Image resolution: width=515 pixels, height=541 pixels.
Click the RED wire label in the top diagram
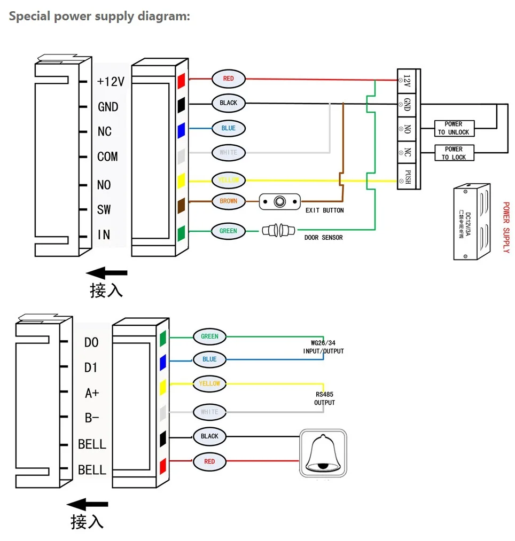tap(228, 79)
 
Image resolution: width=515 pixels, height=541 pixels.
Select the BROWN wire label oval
tap(228, 201)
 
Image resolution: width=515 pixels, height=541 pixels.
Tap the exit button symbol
tap(279, 201)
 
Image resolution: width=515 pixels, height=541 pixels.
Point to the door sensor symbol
tap(278, 231)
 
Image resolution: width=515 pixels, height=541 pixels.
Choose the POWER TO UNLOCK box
tap(454, 128)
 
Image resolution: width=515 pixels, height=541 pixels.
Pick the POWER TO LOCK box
tap(454, 153)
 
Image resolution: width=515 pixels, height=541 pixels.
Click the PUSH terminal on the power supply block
tap(408, 177)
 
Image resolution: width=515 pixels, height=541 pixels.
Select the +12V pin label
tap(111, 82)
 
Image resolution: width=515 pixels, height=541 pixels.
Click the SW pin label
tap(104, 209)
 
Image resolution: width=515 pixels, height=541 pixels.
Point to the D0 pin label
tap(91, 342)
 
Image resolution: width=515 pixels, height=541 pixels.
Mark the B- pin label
tap(92, 418)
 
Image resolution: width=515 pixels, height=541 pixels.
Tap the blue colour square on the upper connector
tap(181, 129)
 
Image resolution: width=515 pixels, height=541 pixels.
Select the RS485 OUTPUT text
tap(324, 398)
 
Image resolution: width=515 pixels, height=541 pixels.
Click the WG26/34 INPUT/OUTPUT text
tap(323, 347)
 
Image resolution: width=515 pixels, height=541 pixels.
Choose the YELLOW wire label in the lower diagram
tap(209, 383)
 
